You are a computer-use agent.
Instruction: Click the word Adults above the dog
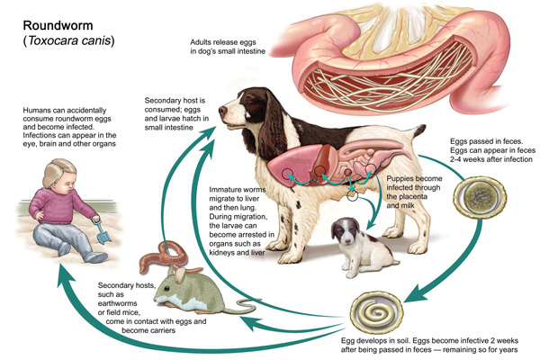point(203,42)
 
